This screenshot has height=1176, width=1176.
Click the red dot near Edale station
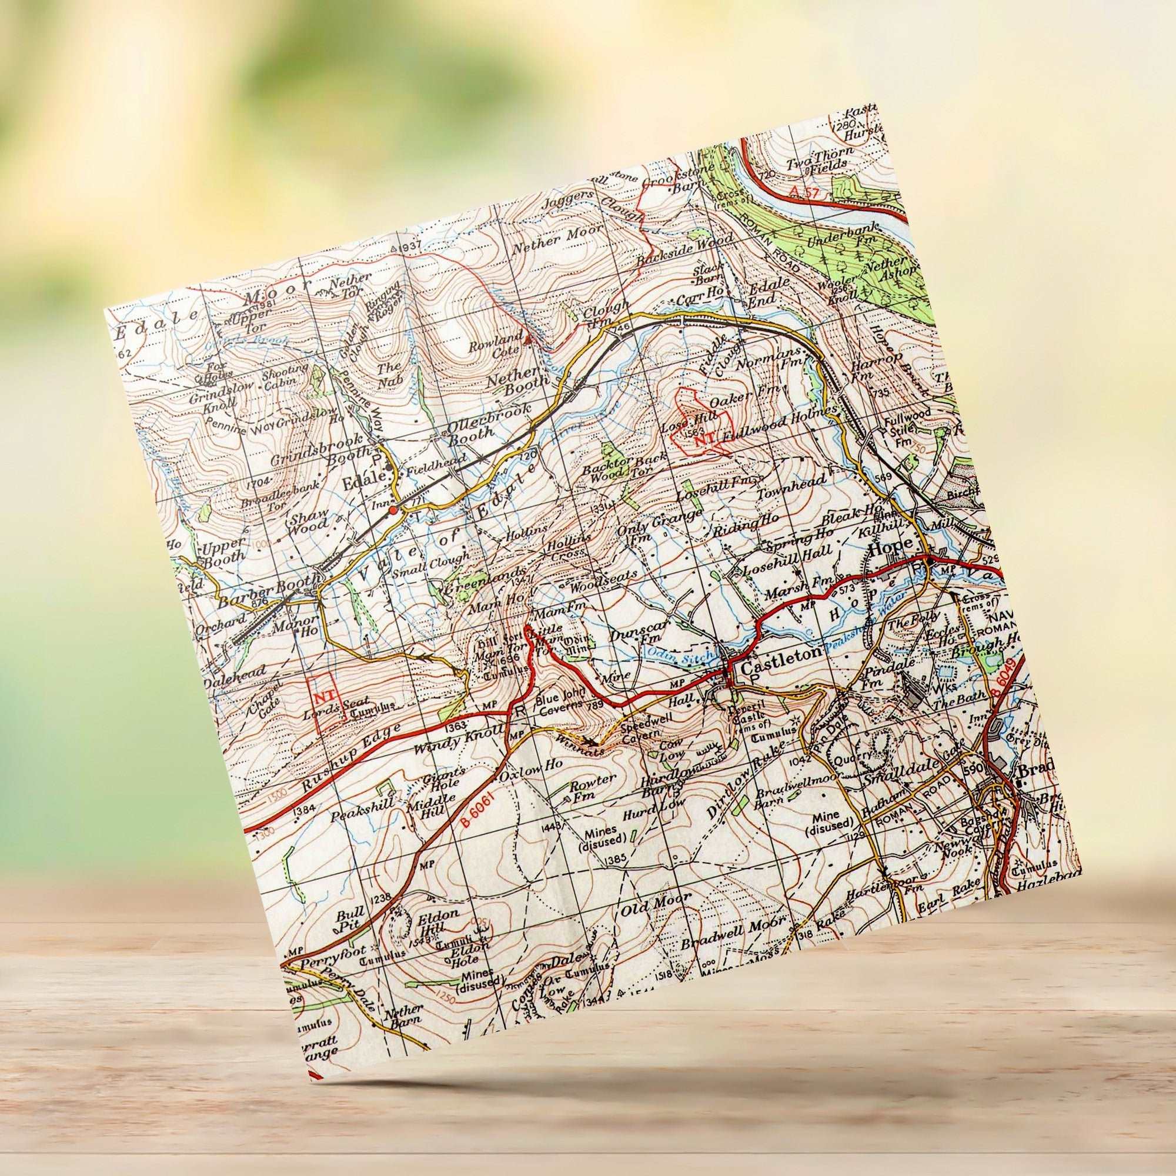pyautogui.click(x=393, y=510)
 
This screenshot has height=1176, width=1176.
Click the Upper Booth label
pyautogui.click(x=223, y=549)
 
